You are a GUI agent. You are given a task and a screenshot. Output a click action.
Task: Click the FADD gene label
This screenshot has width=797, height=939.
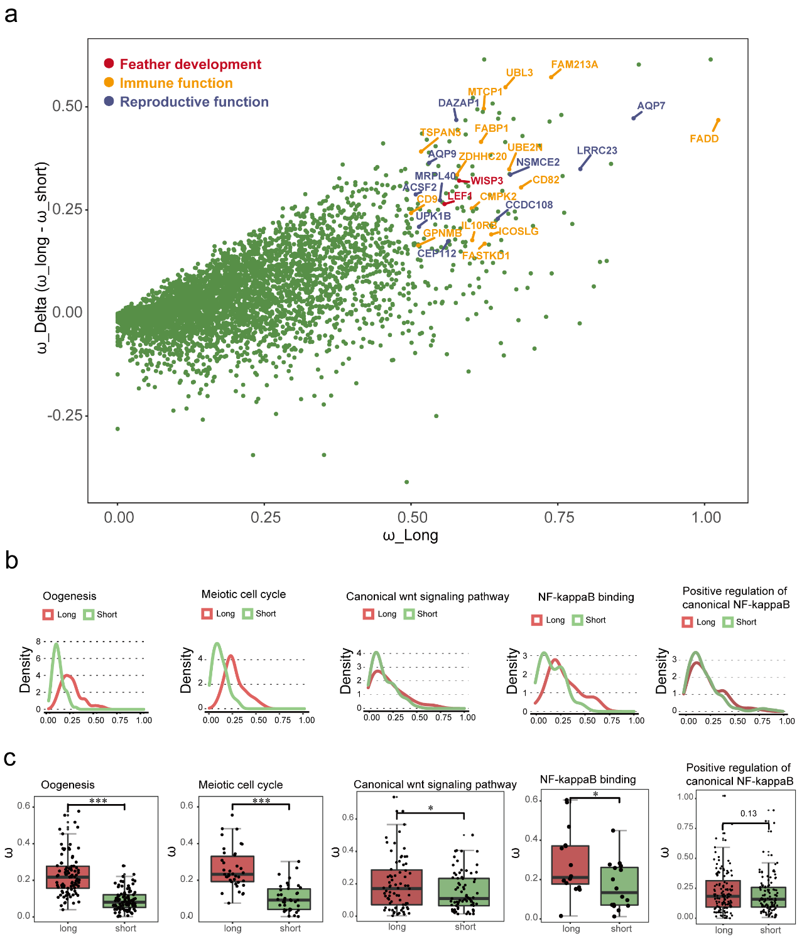click(x=703, y=139)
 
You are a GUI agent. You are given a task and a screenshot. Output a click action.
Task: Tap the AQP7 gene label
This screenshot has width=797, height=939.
click(x=651, y=105)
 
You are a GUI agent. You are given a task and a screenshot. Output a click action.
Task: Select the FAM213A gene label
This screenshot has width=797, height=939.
click(x=574, y=65)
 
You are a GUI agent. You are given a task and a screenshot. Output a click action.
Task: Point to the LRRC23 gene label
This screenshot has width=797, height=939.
click(x=597, y=151)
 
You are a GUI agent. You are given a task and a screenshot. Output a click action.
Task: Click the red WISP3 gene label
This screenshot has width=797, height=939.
click(x=487, y=181)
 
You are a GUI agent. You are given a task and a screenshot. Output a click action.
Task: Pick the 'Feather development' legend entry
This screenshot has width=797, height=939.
click(x=190, y=64)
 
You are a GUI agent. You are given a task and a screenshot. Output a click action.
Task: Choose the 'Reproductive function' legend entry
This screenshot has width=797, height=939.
click(x=193, y=102)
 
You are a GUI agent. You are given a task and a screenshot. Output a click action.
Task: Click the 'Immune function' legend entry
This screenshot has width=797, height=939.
click(x=176, y=83)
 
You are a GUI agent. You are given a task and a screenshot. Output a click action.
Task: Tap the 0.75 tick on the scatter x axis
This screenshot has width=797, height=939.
click(x=559, y=517)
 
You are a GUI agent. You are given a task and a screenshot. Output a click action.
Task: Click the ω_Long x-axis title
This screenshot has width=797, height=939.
click(x=410, y=535)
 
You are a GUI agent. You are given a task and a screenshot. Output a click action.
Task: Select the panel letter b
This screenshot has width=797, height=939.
click(x=11, y=560)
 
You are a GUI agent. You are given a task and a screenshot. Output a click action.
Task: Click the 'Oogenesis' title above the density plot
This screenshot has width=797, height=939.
click(x=70, y=596)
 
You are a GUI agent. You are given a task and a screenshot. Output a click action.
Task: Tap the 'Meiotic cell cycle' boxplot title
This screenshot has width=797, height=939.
click(x=241, y=785)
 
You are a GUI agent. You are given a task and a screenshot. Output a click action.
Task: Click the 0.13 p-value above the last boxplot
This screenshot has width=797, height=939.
click(x=748, y=813)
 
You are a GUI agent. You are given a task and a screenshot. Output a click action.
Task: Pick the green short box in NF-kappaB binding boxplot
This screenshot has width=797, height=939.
click(x=619, y=886)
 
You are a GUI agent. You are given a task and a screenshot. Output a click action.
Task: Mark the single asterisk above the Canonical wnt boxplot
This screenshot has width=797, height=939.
click(x=431, y=808)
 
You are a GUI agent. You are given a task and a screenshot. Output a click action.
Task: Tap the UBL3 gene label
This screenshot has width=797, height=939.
click(x=519, y=73)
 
